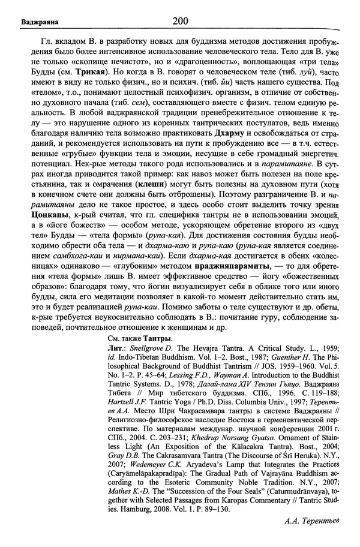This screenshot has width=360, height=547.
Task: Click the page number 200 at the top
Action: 180,22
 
